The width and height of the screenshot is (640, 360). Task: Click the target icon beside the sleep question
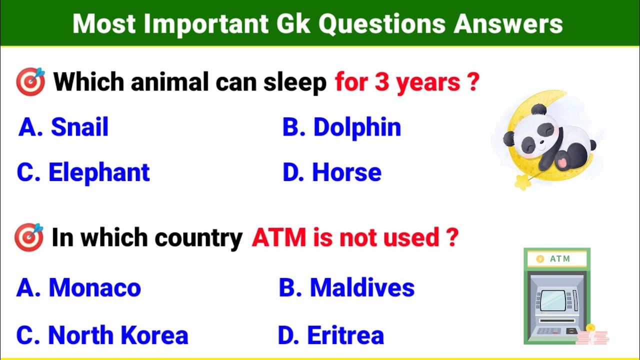(30, 81)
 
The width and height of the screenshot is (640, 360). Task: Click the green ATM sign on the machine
(557, 259)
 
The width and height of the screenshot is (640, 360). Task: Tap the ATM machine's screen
(554, 300)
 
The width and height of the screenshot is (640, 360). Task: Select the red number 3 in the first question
(382, 81)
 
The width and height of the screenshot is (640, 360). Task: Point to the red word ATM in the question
(279, 237)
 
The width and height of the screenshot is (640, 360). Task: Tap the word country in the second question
(199, 237)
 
